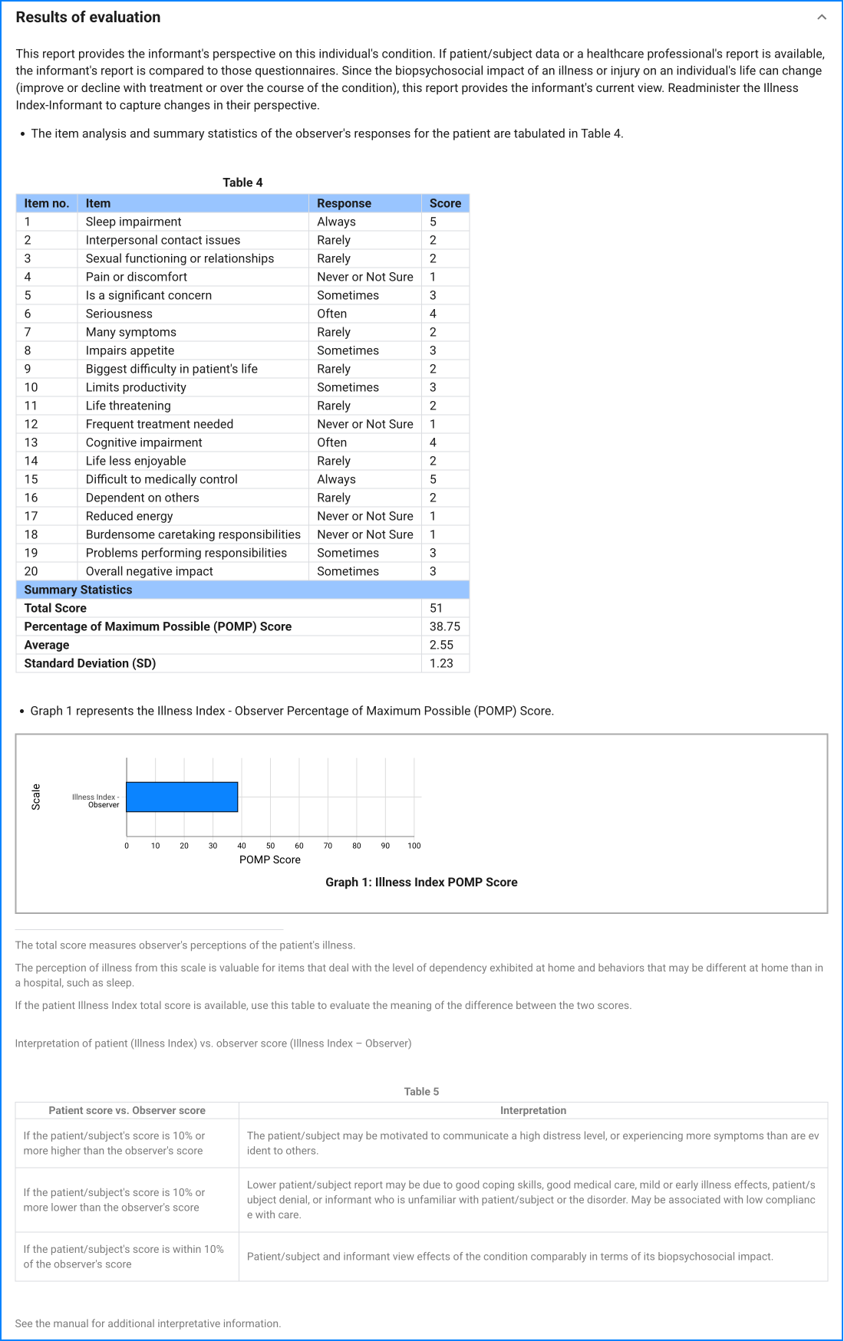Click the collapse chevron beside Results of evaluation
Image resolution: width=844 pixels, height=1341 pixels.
pyautogui.click(x=822, y=17)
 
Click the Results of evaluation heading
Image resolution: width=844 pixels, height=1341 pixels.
pyautogui.click(x=88, y=17)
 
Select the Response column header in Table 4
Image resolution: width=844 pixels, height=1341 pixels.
pyautogui.click(x=344, y=203)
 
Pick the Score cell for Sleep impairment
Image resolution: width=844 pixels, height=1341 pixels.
pyautogui.click(x=434, y=222)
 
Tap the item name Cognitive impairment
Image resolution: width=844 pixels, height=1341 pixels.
pyautogui.click(x=144, y=442)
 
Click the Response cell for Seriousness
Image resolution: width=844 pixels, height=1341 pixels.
pyautogui.click(x=332, y=314)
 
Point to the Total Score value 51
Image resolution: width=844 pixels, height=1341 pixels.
pyautogui.click(x=436, y=608)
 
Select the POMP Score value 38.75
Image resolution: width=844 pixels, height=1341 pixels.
pyautogui.click(x=445, y=626)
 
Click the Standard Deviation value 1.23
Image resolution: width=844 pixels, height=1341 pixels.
pyautogui.click(x=441, y=663)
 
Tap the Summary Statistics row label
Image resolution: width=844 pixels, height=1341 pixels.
pyautogui.click(x=78, y=590)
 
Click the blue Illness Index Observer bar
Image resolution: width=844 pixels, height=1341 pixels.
pyautogui.click(x=182, y=797)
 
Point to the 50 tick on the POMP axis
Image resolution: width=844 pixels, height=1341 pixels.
pyautogui.click(x=270, y=846)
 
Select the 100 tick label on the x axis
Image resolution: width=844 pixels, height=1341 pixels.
pyautogui.click(x=414, y=846)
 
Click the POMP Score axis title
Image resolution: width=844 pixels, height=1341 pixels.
pyautogui.click(x=270, y=859)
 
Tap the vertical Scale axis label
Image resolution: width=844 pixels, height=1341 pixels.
pyautogui.click(x=36, y=797)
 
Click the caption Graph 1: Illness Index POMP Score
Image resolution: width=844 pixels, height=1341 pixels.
pyautogui.click(x=421, y=882)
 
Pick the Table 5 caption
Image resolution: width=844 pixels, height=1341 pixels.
pyautogui.click(x=421, y=1091)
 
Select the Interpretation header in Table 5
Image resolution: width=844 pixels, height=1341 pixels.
pyautogui.click(x=533, y=1110)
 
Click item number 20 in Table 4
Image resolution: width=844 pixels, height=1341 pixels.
pyautogui.click(x=31, y=571)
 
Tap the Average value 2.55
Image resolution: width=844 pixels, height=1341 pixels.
pyautogui.click(x=441, y=645)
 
